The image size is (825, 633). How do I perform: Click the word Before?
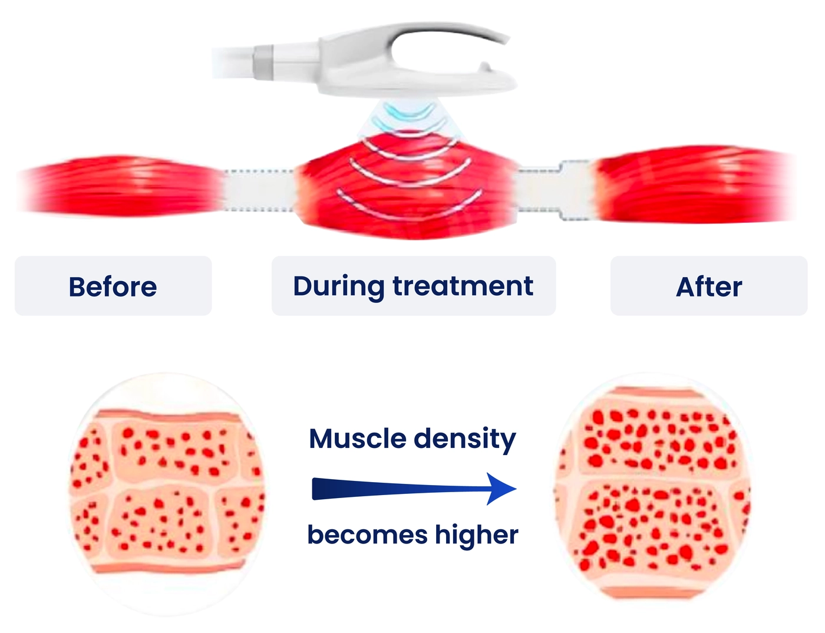pos(113,287)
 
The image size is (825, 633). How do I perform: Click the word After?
pos(709,287)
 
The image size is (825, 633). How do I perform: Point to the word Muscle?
pos(358,439)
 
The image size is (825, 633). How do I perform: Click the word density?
pos(465,441)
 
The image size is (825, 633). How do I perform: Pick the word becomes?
pos(368,535)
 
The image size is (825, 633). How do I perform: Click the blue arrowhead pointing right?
pos(501,489)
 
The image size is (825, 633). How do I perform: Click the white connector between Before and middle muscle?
pos(259,190)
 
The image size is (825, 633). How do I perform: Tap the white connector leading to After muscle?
pos(555,190)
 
